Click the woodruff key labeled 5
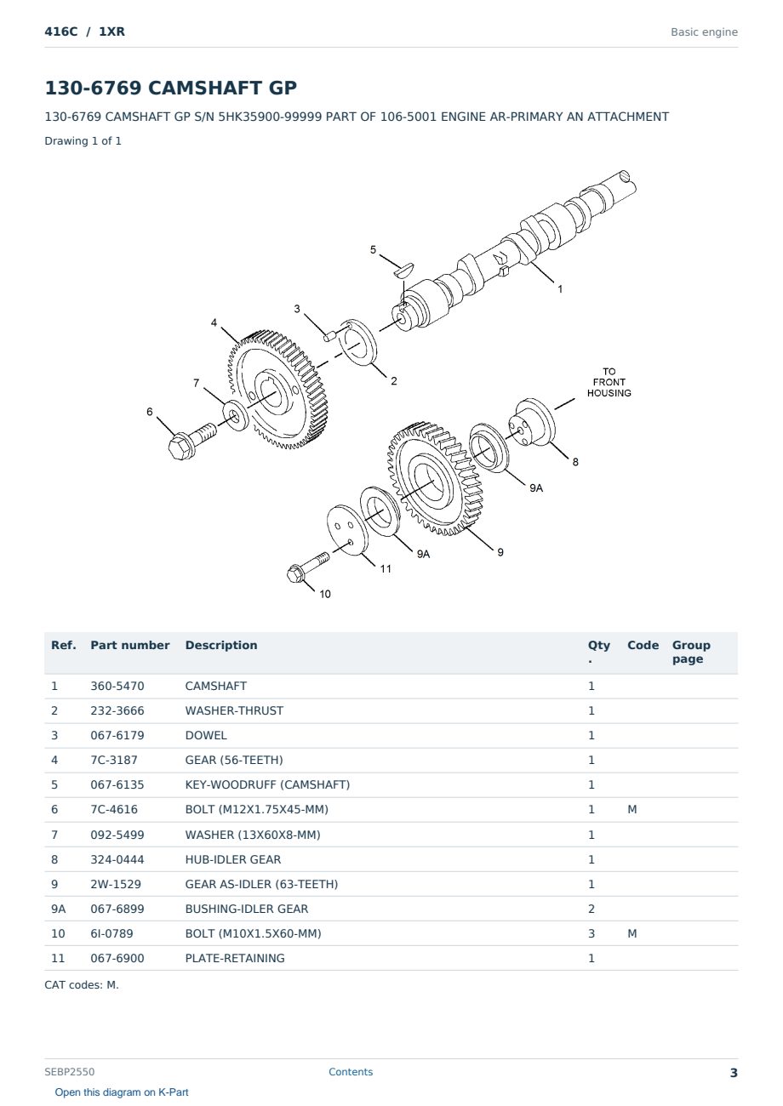pos(403,269)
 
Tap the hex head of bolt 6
pos(180,447)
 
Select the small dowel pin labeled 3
pos(329,335)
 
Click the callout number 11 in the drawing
pos(386,569)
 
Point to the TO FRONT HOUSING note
pos(609,382)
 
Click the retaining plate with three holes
pos(347,530)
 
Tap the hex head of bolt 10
pos(296,573)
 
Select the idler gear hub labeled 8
pos(532,423)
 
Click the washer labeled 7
pos(235,416)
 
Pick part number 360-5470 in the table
pos(117,686)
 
